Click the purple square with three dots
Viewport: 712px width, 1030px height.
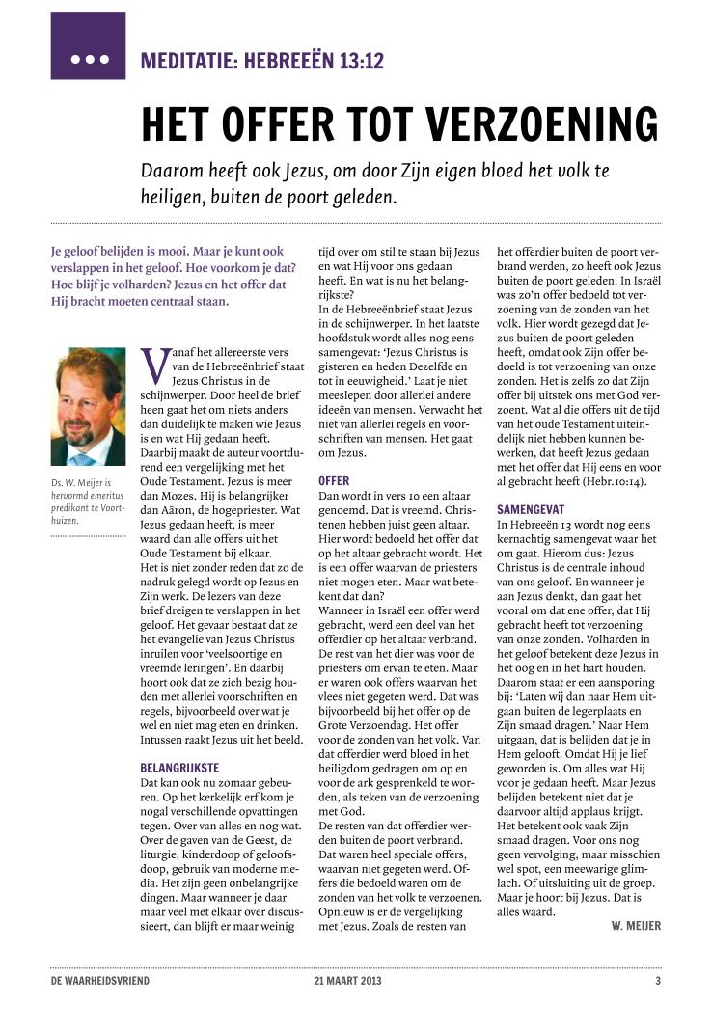(x=88, y=45)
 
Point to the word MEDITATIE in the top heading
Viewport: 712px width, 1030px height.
(x=187, y=62)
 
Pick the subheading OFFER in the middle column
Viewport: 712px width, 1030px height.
(x=334, y=480)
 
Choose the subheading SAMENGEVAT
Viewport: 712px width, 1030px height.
(x=530, y=508)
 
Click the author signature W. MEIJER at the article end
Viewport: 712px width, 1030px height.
(x=636, y=926)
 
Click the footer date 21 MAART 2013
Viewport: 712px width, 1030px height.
(x=349, y=982)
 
